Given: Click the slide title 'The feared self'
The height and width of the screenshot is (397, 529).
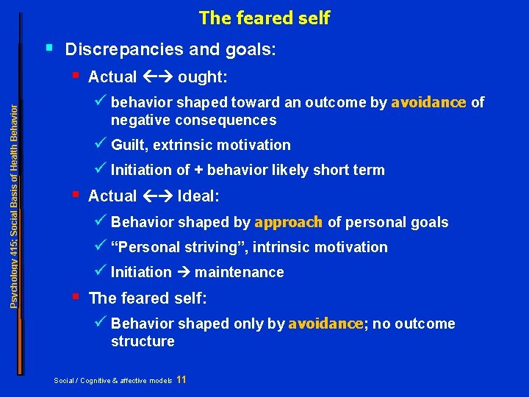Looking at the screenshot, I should (264, 18).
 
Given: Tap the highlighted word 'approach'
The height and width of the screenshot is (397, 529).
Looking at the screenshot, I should (289, 222).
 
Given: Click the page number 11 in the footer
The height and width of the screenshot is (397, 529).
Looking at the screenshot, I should (181, 379).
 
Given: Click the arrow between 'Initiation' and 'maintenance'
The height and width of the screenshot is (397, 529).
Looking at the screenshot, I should (183, 272).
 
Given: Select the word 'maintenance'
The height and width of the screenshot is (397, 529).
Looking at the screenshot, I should (239, 272).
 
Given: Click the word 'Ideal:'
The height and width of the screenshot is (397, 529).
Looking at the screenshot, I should (198, 196).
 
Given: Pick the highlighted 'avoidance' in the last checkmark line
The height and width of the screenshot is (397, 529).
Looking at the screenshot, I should (325, 323).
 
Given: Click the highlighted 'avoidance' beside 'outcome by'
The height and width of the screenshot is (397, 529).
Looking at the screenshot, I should (428, 102).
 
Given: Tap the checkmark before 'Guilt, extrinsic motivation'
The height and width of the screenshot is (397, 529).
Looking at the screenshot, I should (102, 143).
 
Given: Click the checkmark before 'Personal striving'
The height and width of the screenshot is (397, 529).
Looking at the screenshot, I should (102, 246).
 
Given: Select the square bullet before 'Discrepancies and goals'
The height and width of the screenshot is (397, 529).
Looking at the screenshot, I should (48, 48).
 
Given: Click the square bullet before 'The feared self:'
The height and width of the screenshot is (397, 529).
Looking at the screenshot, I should (76, 296).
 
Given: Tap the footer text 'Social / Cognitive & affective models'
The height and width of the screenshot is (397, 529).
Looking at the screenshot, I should (113, 380).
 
